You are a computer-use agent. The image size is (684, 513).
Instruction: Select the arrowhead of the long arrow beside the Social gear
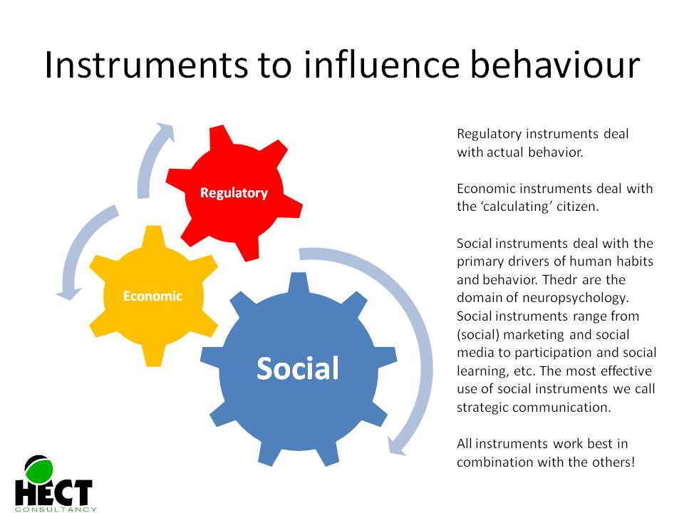pos(394,445)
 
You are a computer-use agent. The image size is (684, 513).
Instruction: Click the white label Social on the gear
pos(297,368)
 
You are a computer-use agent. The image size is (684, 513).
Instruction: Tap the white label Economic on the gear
pos(152,296)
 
